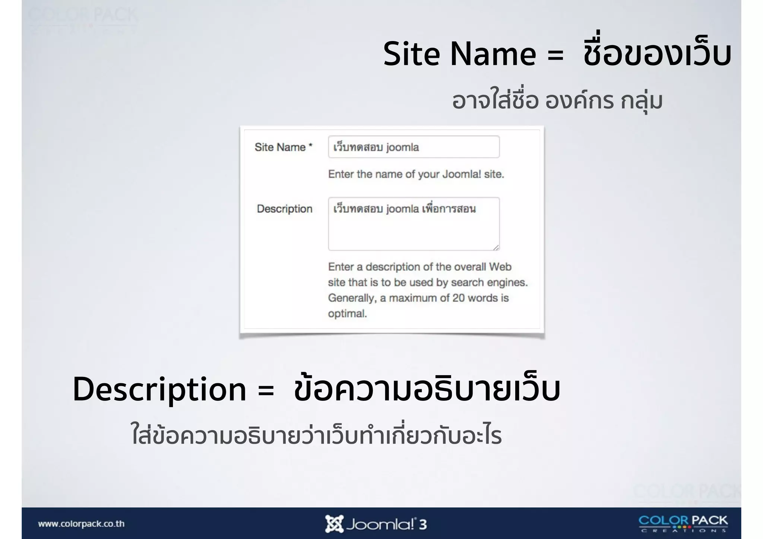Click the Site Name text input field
pos(414,147)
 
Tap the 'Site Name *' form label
pos(284,148)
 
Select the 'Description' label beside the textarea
pos(285,209)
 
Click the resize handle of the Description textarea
pos(496,248)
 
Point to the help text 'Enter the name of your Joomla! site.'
pos(416,174)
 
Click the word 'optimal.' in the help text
pos(347,314)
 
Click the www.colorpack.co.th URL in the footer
pos(81,524)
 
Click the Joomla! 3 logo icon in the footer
pos(334,524)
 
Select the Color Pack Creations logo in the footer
pos(683,523)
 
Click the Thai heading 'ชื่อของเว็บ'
pos(657,54)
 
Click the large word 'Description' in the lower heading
pos(159,390)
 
